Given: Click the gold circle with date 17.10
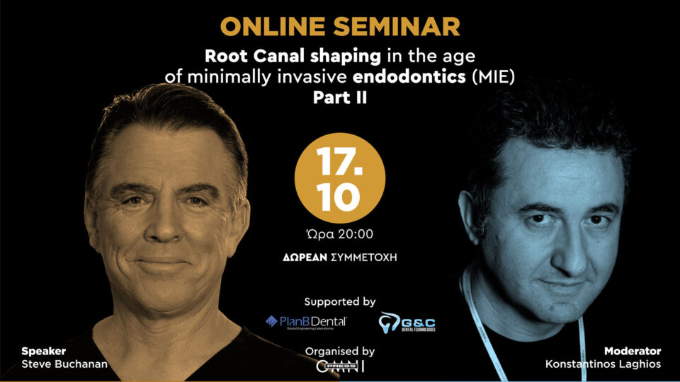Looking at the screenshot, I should pyautogui.click(x=340, y=179).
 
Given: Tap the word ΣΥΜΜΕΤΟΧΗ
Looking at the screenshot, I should pyautogui.click(x=365, y=257).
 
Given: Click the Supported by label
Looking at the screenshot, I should pyautogui.click(x=340, y=301).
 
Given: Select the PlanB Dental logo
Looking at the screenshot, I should pyautogui.click(x=306, y=322).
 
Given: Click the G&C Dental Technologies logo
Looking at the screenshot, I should pyautogui.click(x=407, y=322).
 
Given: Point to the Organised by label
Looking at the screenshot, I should pyautogui.click(x=340, y=351).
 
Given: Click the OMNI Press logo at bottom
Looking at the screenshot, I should pyautogui.click(x=340, y=367).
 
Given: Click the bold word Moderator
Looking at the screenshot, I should pyautogui.click(x=633, y=351).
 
